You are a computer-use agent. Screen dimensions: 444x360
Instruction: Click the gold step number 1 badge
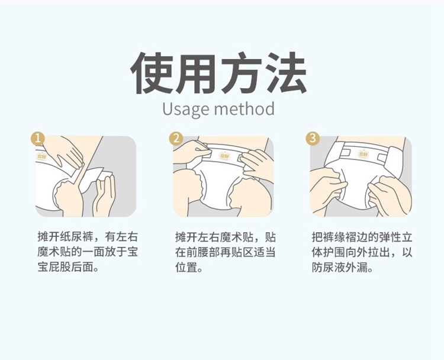click(38, 139)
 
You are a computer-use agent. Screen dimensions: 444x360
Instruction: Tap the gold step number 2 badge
click(176, 139)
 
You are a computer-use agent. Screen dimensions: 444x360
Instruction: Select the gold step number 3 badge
click(313, 138)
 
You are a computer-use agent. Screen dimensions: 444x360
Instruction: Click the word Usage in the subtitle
click(185, 110)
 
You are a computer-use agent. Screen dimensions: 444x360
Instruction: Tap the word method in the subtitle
click(244, 108)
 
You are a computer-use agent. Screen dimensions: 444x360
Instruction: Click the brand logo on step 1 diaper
click(41, 156)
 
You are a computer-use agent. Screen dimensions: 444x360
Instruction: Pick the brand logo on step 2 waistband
click(224, 156)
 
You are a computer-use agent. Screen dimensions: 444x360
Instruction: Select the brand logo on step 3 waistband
click(363, 154)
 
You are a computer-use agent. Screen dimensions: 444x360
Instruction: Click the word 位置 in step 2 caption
click(186, 267)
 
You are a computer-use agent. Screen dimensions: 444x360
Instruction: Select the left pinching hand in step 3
click(327, 190)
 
